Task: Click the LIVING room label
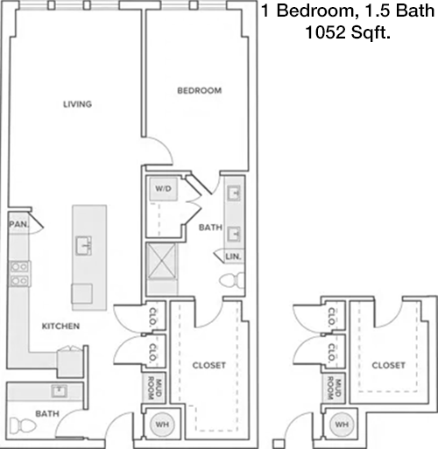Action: (x=77, y=104)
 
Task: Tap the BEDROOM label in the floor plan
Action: (x=200, y=90)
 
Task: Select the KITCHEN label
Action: (x=60, y=326)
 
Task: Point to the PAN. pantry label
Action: (x=19, y=224)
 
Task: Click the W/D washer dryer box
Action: (x=163, y=189)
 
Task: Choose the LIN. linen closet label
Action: (x=233, y=256)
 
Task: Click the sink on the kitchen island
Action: (x=83, y=246)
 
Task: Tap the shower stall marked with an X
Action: (x=161, y=261)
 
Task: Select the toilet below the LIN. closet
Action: (x=231, y=280)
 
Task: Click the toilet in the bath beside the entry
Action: (x=23, y=426)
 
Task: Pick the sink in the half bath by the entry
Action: (x=60, y=391)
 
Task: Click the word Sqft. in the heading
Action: (x=371, y=32)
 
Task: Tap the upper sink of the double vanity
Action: (x=234, y=193)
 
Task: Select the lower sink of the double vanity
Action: (x=234, y=234)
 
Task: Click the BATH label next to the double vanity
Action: (x=210, y=228)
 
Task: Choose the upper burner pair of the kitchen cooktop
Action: (x=19, y=267)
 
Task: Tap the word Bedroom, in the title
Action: (x=314, y=11)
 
